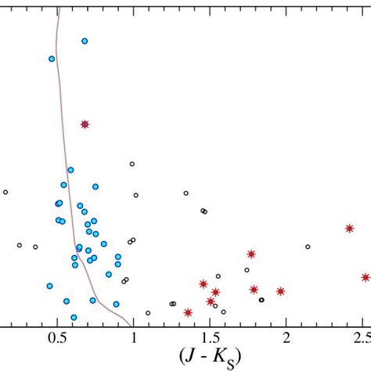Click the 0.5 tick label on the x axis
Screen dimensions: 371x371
(57, 337)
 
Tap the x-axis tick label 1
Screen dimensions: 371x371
(133, 337)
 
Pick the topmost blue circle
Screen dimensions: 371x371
(85, 41)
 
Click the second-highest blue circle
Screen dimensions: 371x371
(52, 59)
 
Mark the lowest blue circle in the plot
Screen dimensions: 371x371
(74, 317)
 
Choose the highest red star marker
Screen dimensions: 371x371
(85, 124)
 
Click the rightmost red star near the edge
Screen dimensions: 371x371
(366, 277)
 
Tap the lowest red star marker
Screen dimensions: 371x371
(188, 312)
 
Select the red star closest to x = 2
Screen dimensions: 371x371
(280, 291)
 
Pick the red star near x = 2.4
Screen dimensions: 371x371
(350, 228)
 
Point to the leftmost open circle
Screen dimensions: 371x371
(5, 192)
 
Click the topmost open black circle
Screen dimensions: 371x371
(131, 164)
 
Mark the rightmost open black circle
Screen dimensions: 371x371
(308, 247)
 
